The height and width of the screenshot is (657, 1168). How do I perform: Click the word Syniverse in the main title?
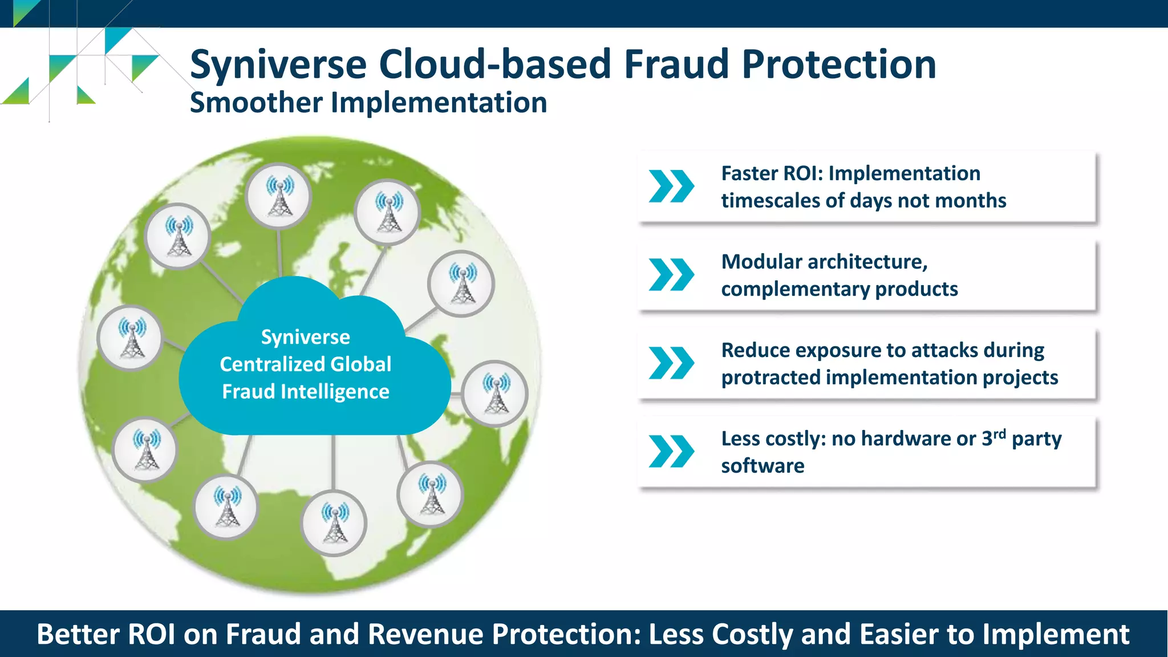(x=278, y=64)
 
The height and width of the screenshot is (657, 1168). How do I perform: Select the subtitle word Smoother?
(x=256, y=103)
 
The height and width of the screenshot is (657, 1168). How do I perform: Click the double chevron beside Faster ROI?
(x=671, y=186)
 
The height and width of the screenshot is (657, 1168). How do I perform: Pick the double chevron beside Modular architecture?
(x=671, y=275)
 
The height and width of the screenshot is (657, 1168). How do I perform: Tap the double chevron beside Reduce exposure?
(x=671, y=363)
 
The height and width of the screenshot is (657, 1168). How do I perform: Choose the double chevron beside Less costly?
(x=671, y=452)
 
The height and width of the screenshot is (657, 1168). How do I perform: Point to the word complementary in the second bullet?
(x=795, y=289)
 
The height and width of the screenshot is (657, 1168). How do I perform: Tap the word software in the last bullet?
(x=763, y=466)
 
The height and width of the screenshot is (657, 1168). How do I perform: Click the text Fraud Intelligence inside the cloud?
(x=306, y=392)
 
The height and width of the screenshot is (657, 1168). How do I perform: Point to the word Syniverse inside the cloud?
(x=306, y=337)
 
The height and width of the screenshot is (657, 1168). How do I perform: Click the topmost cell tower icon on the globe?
(x=279, y=196)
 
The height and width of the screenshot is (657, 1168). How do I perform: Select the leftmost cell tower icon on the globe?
(x=131, y=338)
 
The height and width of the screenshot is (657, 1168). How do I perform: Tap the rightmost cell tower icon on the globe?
(x=495, y=394)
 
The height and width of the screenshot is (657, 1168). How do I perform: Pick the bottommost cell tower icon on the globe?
(x=334, y=523)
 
